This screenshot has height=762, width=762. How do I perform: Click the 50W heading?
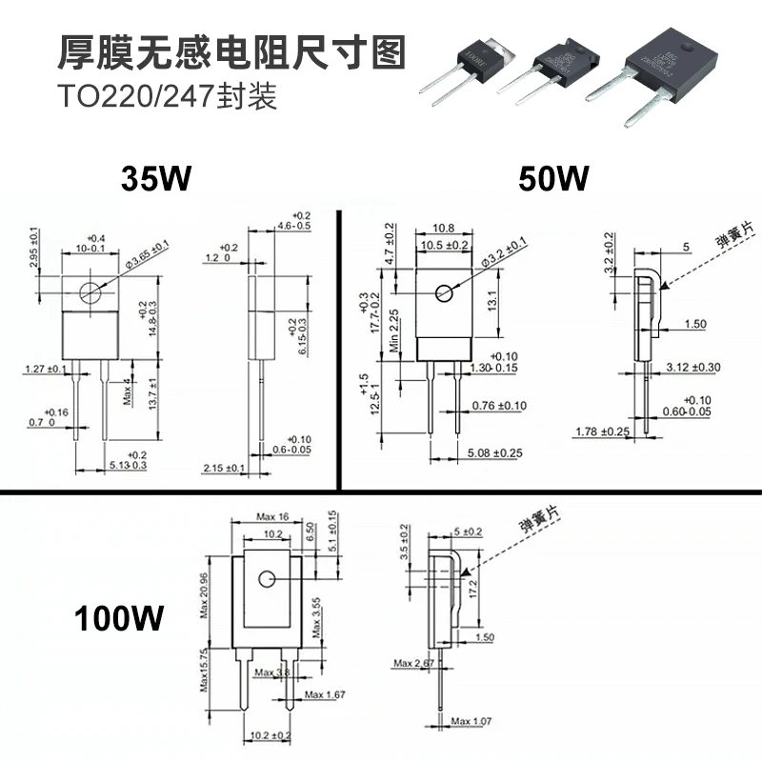pos(553,178)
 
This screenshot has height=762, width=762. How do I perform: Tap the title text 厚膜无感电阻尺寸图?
pos(232,50)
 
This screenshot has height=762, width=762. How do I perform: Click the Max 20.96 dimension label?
pos(204,587)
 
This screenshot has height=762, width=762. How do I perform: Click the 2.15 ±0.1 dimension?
pos(225,468)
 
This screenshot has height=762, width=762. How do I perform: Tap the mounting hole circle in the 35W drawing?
pos(90,292)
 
